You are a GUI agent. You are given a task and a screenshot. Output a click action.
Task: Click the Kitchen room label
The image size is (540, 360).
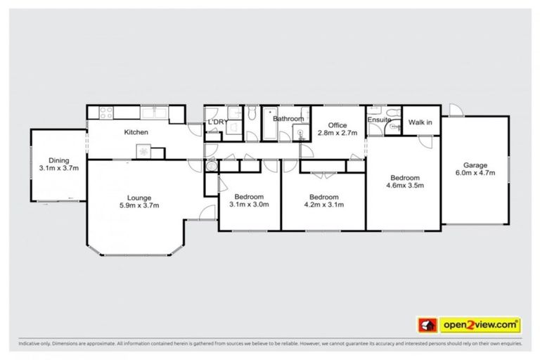pos(134,132)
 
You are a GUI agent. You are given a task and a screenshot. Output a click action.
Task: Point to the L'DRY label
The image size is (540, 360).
pos(215,123)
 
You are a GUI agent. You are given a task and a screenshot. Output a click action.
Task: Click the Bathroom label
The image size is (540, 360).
pos(288,119)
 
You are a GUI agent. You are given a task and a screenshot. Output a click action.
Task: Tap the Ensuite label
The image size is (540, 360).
pos(378,120)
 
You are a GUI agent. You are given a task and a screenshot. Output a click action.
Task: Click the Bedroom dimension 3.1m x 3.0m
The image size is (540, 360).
pos(250,205)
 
